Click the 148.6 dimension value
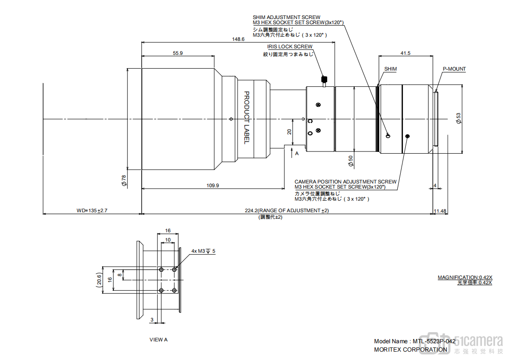point(238,39)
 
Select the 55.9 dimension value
point(178,53)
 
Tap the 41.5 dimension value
point(405,53)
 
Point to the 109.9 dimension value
point(212,185)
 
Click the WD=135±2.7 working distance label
point(92,210)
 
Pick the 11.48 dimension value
point(440,211)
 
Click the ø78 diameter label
point(124,181)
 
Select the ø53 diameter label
point(458,118)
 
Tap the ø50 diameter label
point(350,161)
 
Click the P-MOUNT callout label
point(454,69)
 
